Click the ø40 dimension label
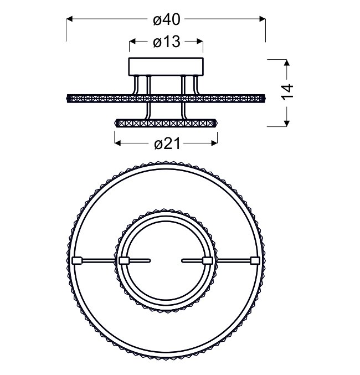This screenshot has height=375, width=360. pyautogui.click(x=167, y=19)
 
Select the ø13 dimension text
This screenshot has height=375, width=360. pyautogui.click(x=167, y=42)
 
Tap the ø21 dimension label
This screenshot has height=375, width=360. pyautogui.click(x=167, y=143)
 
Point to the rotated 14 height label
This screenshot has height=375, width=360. pyautogui.click(x=287, y=93)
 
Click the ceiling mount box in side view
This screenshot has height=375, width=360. pyautogui.click(x=166, y=66)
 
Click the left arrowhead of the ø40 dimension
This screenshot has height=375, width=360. pyautogui.click(x=69, y=19)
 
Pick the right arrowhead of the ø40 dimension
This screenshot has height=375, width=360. pyautogui.click(x=263, y=19)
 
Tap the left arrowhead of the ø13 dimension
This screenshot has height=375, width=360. pyautogui.click(x=132, y=42)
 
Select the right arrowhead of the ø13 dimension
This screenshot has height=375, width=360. pyautogui.click(x=200, y=42)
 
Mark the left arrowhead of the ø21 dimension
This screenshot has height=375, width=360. pyautogui.click(x=117, y=143)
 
